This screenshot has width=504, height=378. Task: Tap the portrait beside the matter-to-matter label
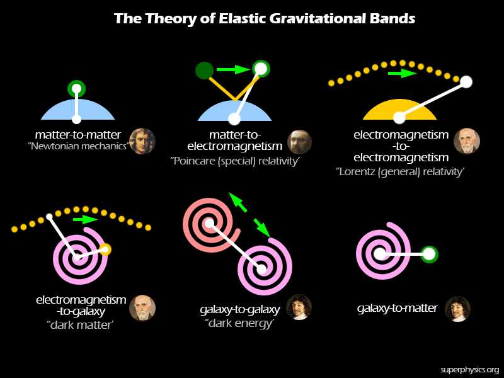pos(142,141)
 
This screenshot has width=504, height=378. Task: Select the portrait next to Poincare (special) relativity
pos(299,142)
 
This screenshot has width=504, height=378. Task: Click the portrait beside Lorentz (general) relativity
pos(467,141)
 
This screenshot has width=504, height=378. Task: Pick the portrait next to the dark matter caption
pos(142,308)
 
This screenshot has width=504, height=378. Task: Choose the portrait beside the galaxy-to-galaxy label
pos(299,307)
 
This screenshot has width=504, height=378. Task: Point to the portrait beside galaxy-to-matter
pos(458,309)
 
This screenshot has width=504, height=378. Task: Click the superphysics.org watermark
pos(469,370)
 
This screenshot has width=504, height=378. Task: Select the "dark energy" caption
pos(240,323)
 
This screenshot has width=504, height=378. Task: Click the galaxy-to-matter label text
pos(397,308)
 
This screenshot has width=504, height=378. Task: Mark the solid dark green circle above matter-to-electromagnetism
pos(204,71)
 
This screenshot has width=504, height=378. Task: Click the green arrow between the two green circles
pos(233,69)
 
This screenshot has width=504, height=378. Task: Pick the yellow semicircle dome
pos(399,109)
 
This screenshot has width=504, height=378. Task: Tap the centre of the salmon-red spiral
pos(209,223)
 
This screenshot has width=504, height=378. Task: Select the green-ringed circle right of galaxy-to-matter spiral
pos(429,255)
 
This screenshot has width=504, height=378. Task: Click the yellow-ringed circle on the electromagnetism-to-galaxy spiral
pos(105,249)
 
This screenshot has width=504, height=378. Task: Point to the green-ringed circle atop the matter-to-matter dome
pos(76,89)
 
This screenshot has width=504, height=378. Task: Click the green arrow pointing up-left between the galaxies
pos(238,202)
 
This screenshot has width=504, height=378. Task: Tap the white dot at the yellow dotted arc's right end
pos(466,82)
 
